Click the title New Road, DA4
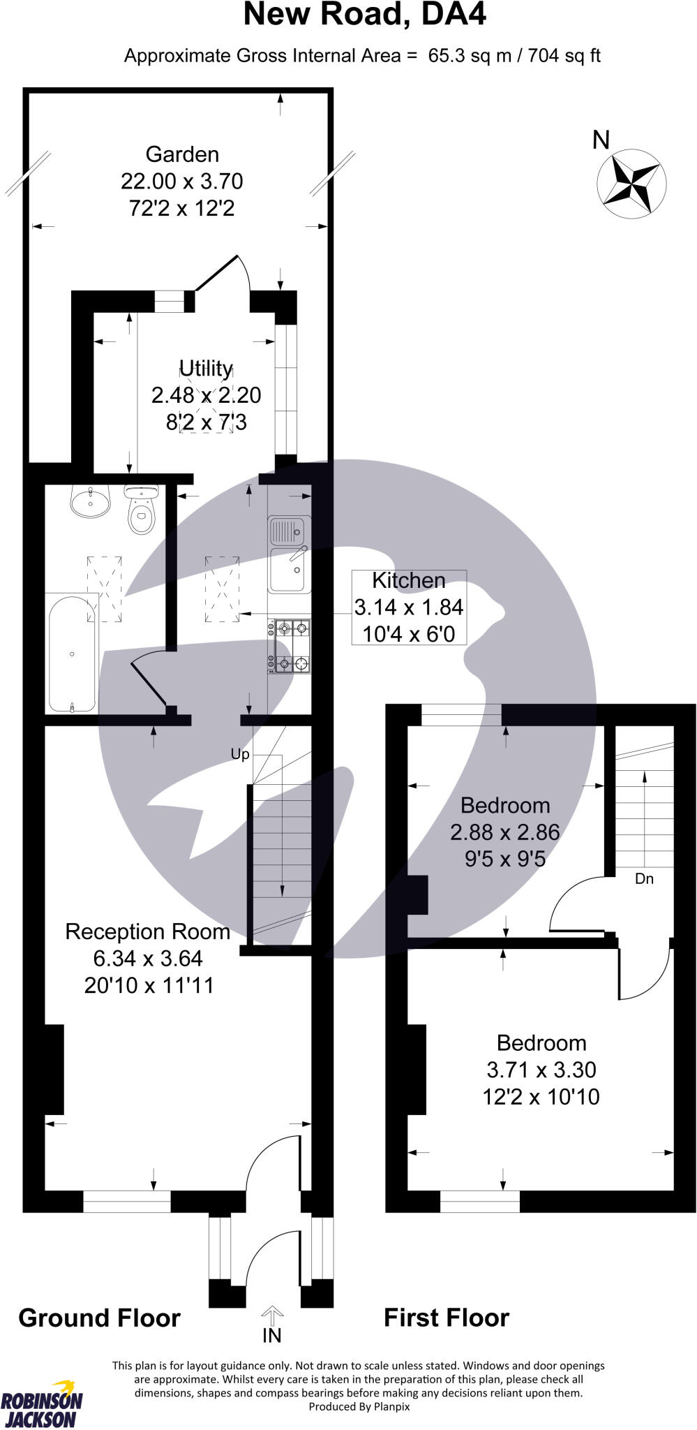pos(364,15)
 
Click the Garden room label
pos(182,154)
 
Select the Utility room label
pos(206,368)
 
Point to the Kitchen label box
pos(409,607)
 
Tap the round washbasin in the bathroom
pos(91,501)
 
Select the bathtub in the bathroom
pos(72,654)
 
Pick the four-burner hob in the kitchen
pos(290,647)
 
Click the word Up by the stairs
pos(240,754)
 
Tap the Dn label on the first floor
pos(644,878)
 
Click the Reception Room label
pos(148,931)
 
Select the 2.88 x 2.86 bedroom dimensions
pos(505,832)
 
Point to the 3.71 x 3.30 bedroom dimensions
pos(541,1070)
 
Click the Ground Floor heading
pos(99,1318)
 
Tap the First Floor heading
pos(447,1318)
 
